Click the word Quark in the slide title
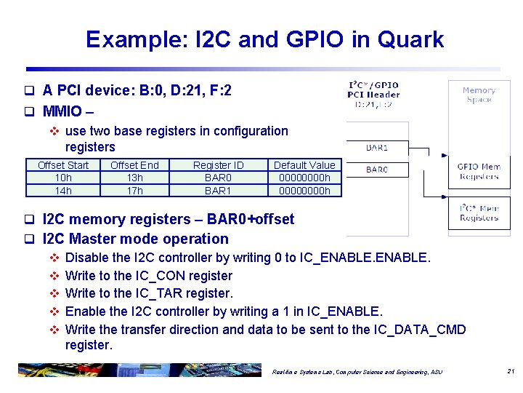(409, 39)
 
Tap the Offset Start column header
(63, 165)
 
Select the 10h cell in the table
(63, 178)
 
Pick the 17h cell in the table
(134, 191)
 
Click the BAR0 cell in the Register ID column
(218, 178)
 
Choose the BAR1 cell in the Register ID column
(218, 191)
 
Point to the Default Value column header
(304, 165)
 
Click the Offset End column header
(134, 165)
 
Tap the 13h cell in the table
(134, 178)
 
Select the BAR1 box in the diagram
(376, 148)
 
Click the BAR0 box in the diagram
(376, 170)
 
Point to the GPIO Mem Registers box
(479, 172)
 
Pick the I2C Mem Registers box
(479, 213)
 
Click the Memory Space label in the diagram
(479, 95)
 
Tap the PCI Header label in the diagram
(373, 95)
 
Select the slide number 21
(511, 372)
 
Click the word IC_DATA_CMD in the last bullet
(421, 330)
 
